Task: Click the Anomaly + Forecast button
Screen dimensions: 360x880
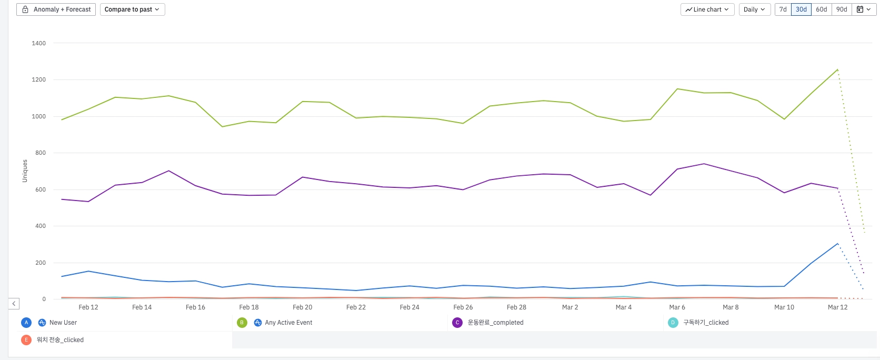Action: coord(56,9)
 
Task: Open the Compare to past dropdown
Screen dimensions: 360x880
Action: coord(132,9)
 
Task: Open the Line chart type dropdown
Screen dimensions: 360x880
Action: coord(707,9)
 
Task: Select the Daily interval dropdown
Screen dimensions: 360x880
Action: coord(754,9)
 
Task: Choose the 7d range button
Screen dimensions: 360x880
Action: coord(783,9)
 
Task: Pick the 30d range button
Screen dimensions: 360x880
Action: coord(801,9)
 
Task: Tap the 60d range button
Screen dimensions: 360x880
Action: coord(821,9)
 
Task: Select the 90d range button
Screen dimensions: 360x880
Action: coord(842,9)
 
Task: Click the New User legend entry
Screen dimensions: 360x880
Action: coord(63,323)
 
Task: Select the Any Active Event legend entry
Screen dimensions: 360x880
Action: coord(288,323)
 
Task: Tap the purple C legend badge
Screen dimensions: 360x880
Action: coord(457,323)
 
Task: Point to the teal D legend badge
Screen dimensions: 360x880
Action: coord(673,323)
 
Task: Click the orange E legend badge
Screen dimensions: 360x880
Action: coord(26,340)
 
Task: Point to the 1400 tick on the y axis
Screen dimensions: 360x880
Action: coord(39,43)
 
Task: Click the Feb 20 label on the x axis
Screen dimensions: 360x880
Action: coord(302,307)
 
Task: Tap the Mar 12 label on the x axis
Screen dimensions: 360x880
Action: coord(837,307)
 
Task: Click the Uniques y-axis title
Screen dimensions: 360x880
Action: coord(25,171)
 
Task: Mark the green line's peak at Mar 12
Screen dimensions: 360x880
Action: coord(837,69)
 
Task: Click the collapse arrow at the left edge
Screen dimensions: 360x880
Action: coord(14,304)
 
